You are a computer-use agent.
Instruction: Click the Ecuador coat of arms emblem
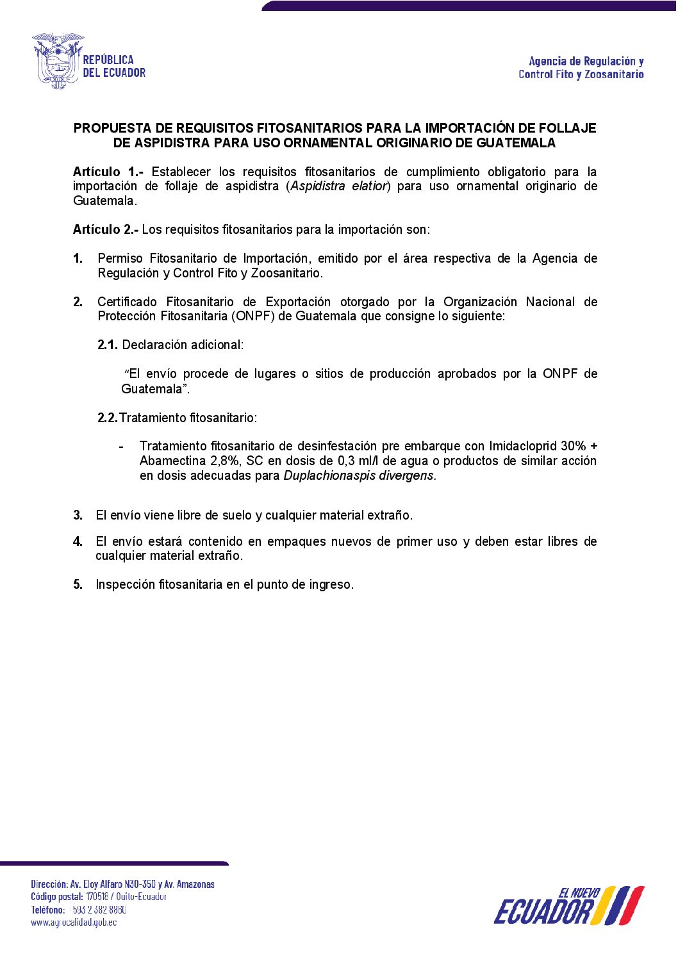57,61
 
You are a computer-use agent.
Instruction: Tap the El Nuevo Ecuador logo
568,906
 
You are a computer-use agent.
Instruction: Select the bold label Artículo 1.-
108,172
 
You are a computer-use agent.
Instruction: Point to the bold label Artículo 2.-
106,229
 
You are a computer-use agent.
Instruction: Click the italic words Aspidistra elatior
338,186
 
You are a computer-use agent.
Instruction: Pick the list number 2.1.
107,345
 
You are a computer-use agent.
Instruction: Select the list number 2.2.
107,418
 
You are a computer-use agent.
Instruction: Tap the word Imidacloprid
523,446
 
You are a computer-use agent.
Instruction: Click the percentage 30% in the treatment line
574,446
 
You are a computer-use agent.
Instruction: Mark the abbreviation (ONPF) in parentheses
254,316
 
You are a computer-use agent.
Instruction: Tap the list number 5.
78,584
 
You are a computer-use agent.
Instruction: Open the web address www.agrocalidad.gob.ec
74,922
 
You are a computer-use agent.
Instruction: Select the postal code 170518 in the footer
97,897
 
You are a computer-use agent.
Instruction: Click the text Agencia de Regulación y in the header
586,61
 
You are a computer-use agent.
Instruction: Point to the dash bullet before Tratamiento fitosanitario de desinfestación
121,446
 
